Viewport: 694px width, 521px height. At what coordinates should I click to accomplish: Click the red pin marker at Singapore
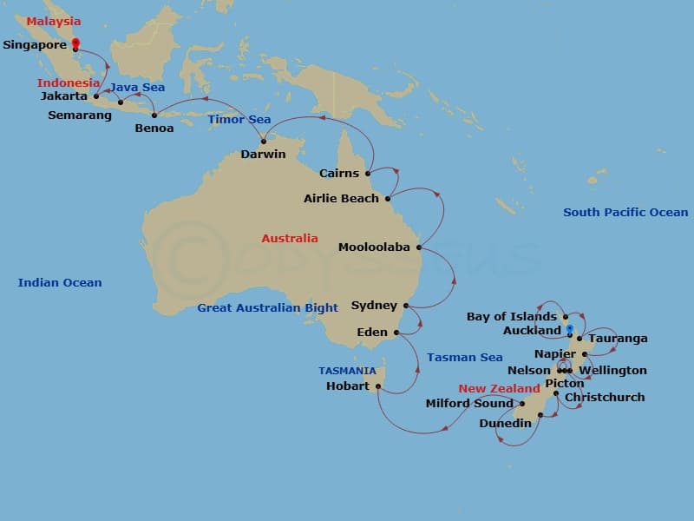pos(75,43)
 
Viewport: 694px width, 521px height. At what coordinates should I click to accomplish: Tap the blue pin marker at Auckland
pos(570,329)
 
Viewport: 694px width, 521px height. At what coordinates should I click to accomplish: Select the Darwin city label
pos(264,155)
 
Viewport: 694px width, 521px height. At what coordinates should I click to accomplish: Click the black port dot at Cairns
pos(368,173)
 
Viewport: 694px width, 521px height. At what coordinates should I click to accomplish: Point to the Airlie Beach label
pos(341,198)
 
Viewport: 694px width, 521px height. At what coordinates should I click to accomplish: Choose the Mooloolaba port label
pos(374,247)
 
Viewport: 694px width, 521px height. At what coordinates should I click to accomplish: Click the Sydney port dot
pos(406,306)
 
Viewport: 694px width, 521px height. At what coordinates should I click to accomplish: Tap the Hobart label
pos(347,386)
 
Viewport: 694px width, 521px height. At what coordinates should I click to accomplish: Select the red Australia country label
pos(290,238)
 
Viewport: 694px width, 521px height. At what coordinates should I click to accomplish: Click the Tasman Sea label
pos(465,357)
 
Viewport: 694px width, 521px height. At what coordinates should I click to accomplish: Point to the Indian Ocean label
pos(60,282)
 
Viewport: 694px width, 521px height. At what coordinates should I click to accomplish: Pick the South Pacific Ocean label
pos(625,212)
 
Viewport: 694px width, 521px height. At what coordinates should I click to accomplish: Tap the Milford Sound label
pos(469,403)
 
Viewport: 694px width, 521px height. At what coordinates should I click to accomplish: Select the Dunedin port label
pos(505,424)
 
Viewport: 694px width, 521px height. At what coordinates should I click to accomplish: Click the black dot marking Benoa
pos(154,115)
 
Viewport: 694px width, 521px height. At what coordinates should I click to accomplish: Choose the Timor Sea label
pos(239,119)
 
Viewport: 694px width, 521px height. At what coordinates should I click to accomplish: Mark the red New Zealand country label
pos(499,388)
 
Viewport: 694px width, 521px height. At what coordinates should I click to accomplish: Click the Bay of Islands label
pos(512,316)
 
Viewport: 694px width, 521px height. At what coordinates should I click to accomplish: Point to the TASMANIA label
pos(347,370)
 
